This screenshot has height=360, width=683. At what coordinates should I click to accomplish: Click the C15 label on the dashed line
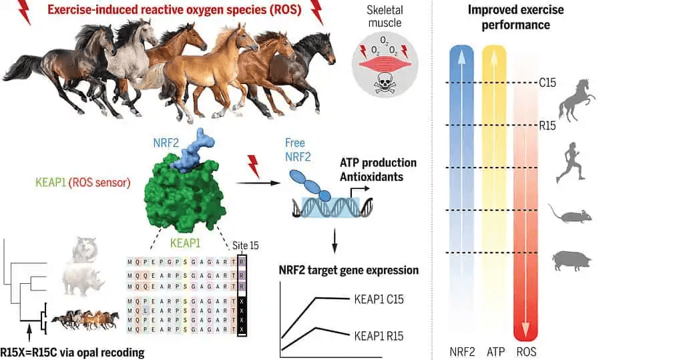click(547, 83)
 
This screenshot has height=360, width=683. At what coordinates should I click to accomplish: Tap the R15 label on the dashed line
click(547, 125)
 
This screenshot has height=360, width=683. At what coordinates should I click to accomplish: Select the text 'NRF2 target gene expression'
click(348, 271)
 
